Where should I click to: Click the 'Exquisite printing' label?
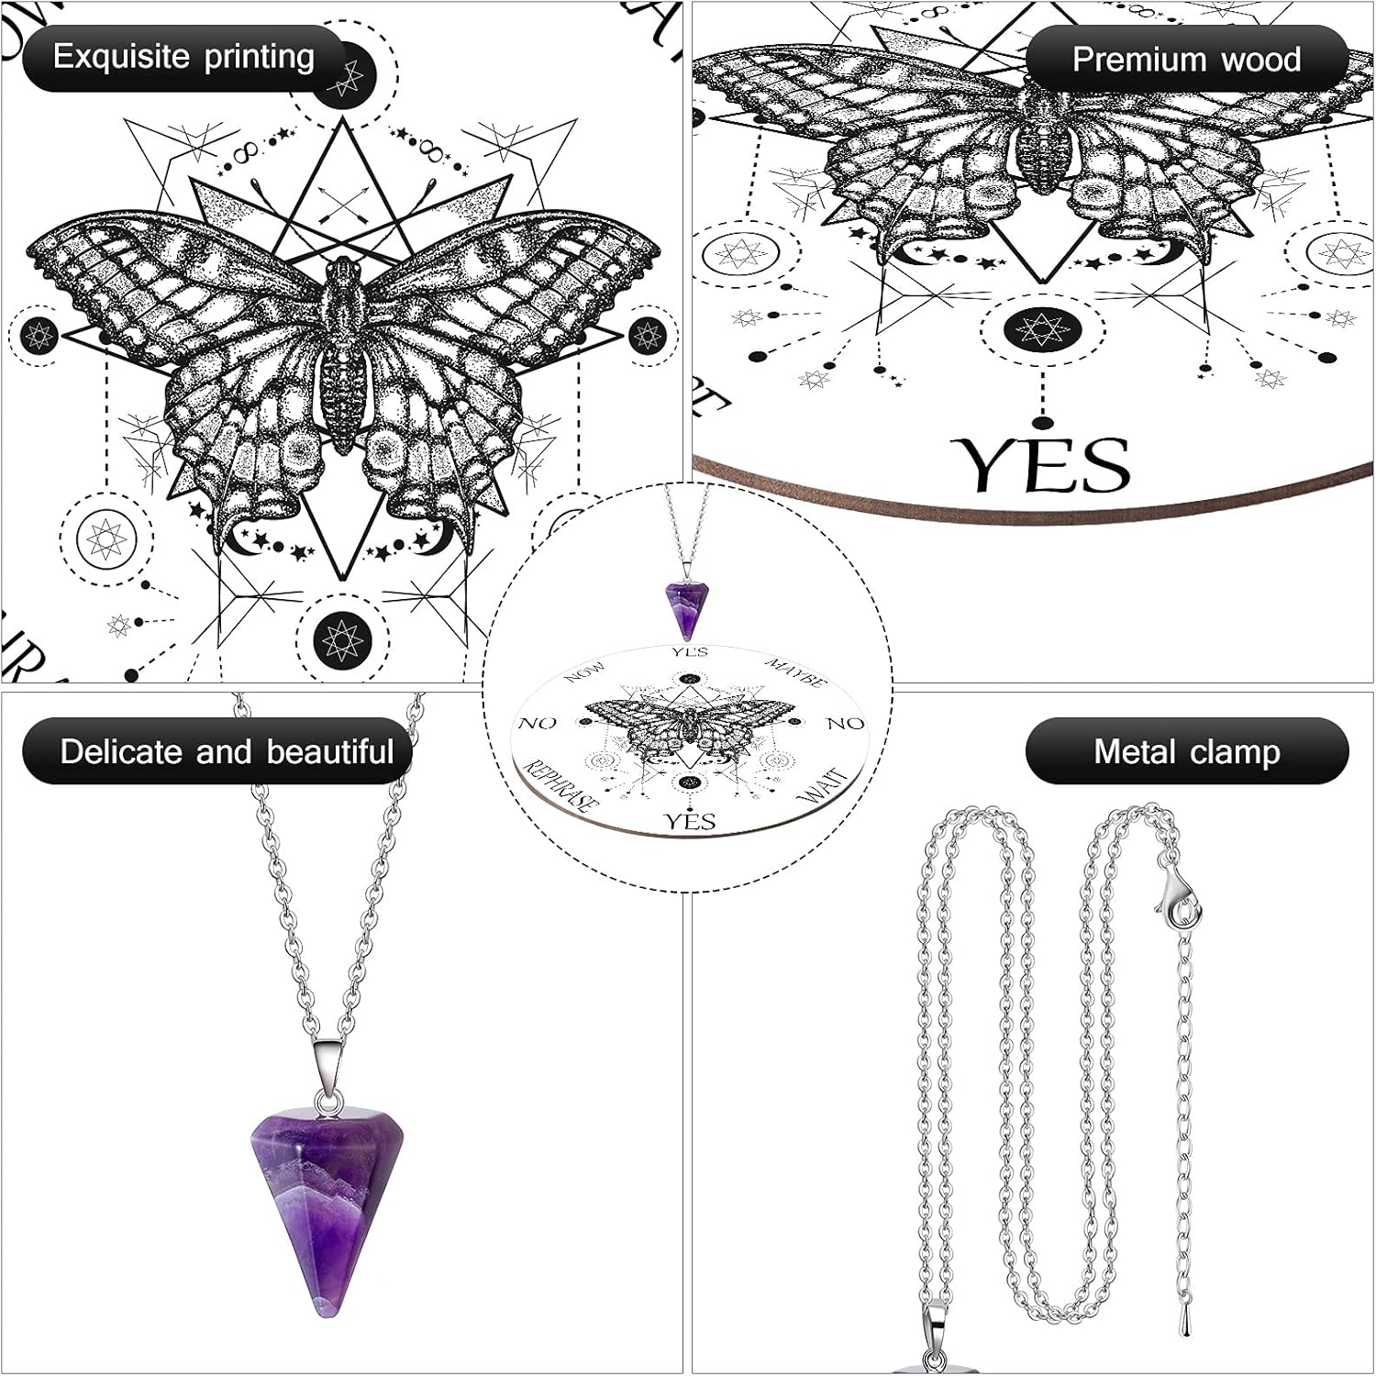coord(183,58)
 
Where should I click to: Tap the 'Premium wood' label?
coord(1186,60)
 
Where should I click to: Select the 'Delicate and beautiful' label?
coord(226,751)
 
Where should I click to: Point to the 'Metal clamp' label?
coord(1186,751)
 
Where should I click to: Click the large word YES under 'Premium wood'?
coord(1041,465)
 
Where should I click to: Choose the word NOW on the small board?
coord(585,672)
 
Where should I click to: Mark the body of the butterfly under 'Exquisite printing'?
coord(341,358)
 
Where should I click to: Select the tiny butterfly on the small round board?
coord(689,721)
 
